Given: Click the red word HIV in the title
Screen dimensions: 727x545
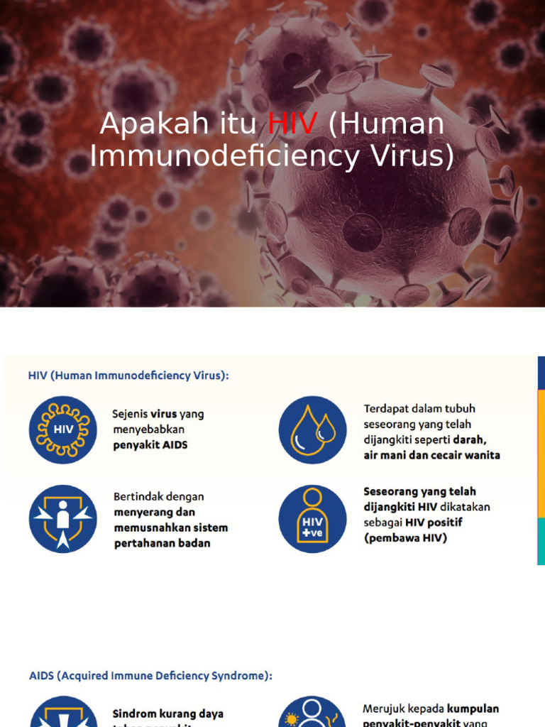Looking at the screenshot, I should (292, 125).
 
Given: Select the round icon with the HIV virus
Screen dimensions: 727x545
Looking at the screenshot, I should (63, 430).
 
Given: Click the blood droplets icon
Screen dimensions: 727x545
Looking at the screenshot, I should (312, 430).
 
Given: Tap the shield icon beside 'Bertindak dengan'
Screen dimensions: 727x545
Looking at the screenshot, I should (63, 519).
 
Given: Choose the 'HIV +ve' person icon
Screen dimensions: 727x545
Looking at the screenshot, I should (312, 519).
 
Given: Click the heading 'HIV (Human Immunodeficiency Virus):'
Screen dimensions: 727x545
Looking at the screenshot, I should (128, 376).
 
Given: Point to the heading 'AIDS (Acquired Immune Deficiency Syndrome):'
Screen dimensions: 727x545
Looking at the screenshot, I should (150, 676).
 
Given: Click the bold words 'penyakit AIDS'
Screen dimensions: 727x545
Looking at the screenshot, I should (150, 445).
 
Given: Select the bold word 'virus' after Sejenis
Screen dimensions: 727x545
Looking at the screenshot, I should (163, 414).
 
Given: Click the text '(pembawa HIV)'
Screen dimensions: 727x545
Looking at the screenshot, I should (405, 538).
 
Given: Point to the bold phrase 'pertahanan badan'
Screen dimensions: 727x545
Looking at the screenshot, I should (162, 543).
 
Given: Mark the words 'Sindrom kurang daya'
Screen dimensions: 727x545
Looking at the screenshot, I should (168, 714).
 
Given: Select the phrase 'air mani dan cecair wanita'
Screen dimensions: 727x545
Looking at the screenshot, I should (431, 455).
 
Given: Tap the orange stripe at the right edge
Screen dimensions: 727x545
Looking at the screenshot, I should (541, 454).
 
